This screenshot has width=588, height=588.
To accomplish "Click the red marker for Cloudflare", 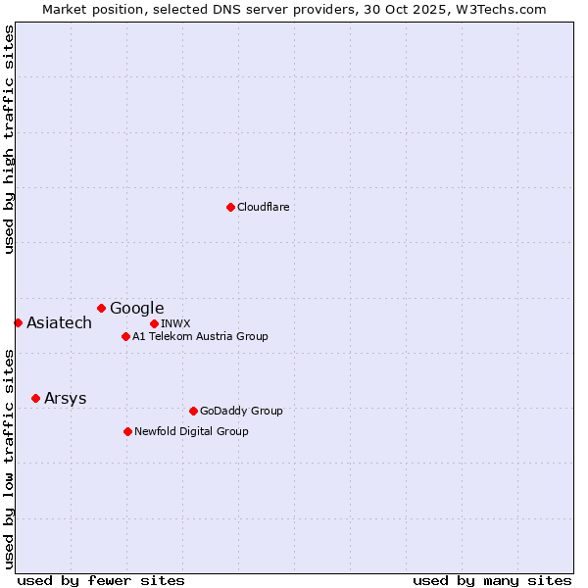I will click(230, 207).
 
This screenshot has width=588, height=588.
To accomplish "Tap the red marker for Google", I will click(101, 308).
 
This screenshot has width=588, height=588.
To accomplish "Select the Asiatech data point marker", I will click(18, 322).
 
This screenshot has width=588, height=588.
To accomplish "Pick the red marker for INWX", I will click(154, 323).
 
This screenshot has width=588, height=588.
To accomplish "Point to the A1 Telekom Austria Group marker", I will click(125, 336).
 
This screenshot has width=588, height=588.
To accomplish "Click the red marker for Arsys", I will click(35, 398).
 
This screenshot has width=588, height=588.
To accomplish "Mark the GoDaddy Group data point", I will click(193, 411).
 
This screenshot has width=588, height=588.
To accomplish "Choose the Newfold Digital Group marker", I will click(127, 431).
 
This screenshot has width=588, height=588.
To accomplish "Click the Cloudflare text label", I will click(264, 207).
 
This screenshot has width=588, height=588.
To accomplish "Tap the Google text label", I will click(137, 308).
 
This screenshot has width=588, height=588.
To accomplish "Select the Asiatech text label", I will click(59, 322).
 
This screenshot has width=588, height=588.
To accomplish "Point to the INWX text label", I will click(175, 323).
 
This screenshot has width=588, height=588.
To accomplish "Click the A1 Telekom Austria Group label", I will click(200, 336).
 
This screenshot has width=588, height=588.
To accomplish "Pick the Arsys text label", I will click(65, 398).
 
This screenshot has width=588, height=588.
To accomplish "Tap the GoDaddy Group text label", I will click(241, 411).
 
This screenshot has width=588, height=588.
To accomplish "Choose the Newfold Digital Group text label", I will click(191, 431).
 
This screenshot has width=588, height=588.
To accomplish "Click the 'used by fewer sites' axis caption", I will click(101, 580).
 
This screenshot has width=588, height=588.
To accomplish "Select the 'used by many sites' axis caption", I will click(492, 580).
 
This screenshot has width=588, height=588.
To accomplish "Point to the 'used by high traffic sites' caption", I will click(9, 139).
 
